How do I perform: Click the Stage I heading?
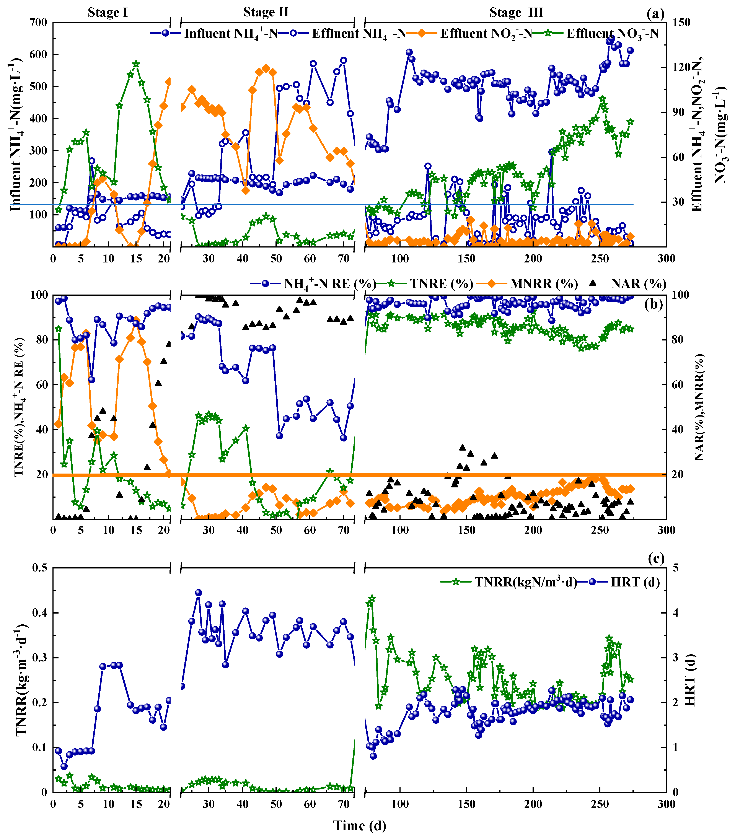108,12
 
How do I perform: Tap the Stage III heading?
516,12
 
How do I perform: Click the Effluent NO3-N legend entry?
612,34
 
